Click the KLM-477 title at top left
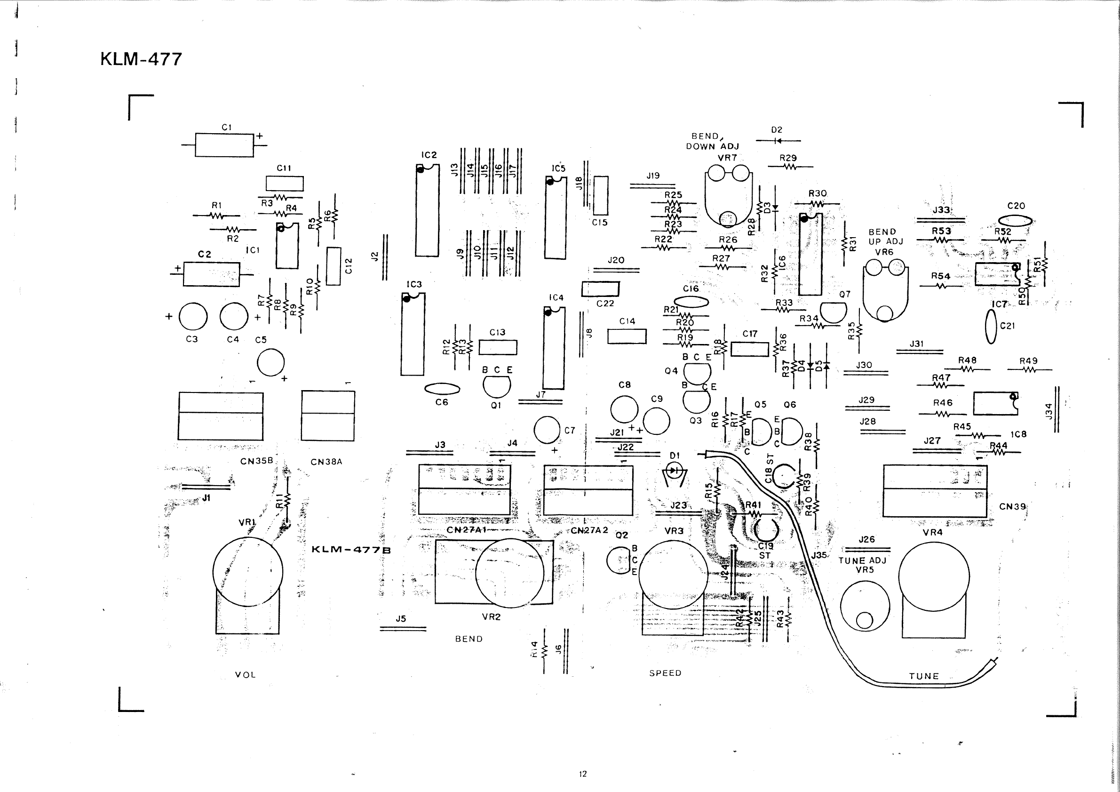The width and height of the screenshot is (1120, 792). pyautogui.click(x=141, y=59)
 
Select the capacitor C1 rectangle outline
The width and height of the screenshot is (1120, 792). pyautogui.click(x=224, y=145)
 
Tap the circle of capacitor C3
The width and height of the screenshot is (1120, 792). pyautogui.click(x=193, y=317)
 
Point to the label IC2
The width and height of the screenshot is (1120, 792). pyautogui.click(x=429, y=155)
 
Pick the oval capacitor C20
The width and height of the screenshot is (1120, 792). pyautogui.click(x=1016, y=221)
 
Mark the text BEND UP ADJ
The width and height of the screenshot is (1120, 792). pyautogui.click(x=885, y=237)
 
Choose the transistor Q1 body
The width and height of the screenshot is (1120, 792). pyautogui.click(x=497, y=386)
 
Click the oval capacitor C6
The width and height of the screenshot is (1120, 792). pyautogui.click(x=442, y=389)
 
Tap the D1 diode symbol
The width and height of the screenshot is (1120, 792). pyautogui.click(x=675, y=472)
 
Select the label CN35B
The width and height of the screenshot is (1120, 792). pyautogui.click(x=256, y=461)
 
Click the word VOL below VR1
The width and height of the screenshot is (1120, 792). pyautogui.click(x=246, y=675)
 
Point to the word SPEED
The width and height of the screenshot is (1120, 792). pyautogui.click(x=665, y=673)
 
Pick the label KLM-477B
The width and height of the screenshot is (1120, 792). pyautogui.click(x=351, y=550)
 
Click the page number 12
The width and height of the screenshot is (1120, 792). pyautogui.click(x=583, y=774)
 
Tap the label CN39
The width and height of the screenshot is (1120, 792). pyautogui.click(x=1012, y=506)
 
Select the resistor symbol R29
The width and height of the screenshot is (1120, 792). pyautogui.click(x=790, y=167)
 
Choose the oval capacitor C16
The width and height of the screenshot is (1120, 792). pyautogui.click(x=691, y=302)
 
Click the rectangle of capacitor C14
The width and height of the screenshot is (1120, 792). pyautogui.click(x=627, y=336)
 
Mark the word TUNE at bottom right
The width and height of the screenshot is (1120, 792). pyautogui.click(x=924, y=676)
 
